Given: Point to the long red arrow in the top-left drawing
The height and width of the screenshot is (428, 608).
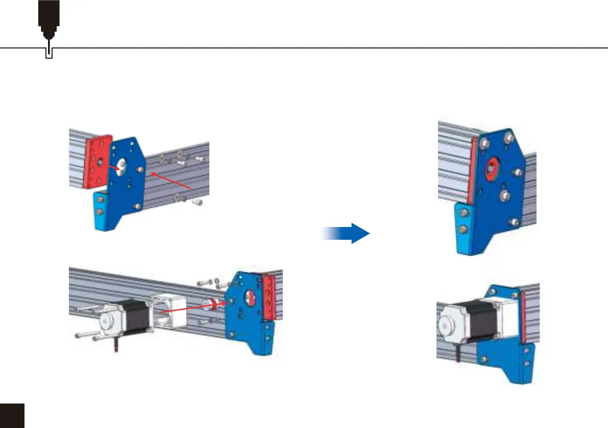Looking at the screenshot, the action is [x=173, y=182].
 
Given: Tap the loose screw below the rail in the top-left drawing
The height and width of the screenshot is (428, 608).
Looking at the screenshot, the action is [x=197, y=203].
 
